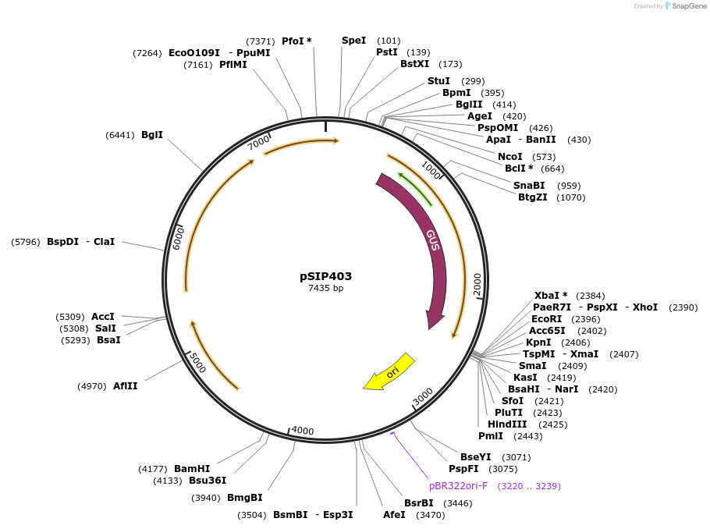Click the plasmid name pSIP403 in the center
[x=325, y=276]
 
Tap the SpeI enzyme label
[x=353, y=41]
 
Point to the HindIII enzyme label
[x=507, y=424]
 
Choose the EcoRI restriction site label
[x=546, y=319]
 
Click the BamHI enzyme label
[x=192, y=469]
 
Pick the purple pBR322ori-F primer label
[x=458, y=485]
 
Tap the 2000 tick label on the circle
[x=477, y=285]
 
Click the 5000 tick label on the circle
[x=197, y=362]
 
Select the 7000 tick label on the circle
[x=258, y=143]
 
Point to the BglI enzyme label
[x=152, y=135]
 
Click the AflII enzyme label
[x=125, y=385]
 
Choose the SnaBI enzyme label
[x=529, y=186]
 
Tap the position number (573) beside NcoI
[x=544, y=157]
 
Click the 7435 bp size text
[x=325, y=289]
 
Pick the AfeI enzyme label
[x=394, y=515]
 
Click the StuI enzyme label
[x=438, y=81]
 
